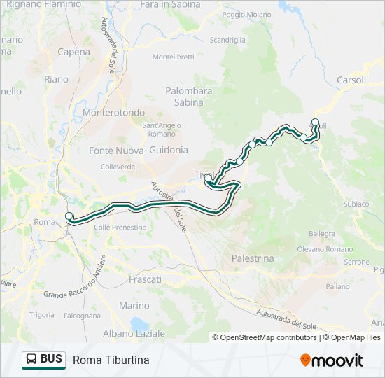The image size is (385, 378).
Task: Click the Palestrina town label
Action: pyautogui.click(x=253, y=258)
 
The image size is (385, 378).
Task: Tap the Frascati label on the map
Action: pyautogui.click(x=145, y=279)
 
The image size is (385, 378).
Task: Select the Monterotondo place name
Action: pyautogui.click(x=113, y=112)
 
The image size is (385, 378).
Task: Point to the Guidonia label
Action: pyautogui.click(x=169, y=150)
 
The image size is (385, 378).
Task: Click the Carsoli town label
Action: pyautogui.click(x=351, y=80)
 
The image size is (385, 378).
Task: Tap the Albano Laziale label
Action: pyautogui.click(x=134, y=333)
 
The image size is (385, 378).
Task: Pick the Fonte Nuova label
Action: pyautogui.click(x=111, y=150)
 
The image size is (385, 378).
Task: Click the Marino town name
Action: pyautogui.click(x=134, y=306)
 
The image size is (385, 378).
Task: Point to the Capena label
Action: pyautogui.click(x=73, y=52)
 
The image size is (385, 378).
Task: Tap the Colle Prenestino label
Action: pyautogui.click(x=120, y=227)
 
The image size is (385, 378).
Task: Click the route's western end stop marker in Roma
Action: pyautogui.click(x=69, y=216)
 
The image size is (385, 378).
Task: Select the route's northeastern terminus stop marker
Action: pyautogui.click(x=315, y=123)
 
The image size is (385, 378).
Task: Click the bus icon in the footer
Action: pyautogui.click(x=32, y=360)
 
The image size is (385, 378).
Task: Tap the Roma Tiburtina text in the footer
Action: pyautogui.click(x=111, y=360)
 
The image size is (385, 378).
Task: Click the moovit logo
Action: pyautogui.click(x=332, y=360)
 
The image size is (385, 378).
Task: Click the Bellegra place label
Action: pyautogui.click(x=321, y=233)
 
